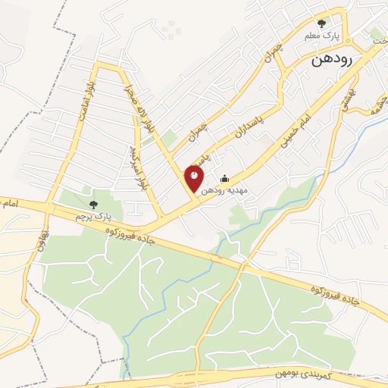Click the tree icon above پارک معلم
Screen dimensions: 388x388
[x=321, y=24]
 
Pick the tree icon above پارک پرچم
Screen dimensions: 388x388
[x=94, y=204]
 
